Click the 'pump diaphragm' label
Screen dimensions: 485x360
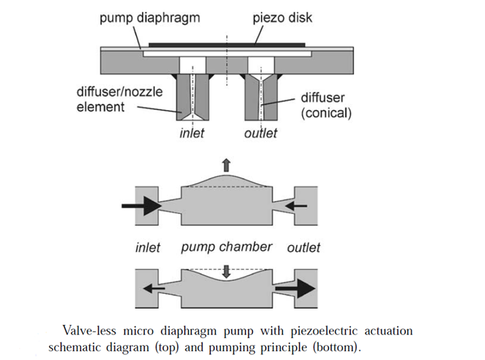[149, 18]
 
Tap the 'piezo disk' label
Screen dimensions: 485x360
[282, 18]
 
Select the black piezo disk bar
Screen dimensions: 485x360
[226, 45]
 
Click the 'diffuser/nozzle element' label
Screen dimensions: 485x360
[119, 100]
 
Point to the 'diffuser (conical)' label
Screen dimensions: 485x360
[326, 106]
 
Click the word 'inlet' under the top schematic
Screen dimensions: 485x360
[192, 133]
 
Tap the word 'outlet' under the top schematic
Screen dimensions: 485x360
[260, 133]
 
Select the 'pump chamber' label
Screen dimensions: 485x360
[226, 247]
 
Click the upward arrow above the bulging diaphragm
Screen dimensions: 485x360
[226, 165]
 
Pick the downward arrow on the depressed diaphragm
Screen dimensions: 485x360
[226, 271]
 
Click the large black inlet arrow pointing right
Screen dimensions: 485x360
[141, 206]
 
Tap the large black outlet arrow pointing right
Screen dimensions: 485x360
[295, 289]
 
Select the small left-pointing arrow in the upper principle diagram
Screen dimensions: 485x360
[296, 205]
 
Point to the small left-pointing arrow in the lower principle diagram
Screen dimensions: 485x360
[154, 289]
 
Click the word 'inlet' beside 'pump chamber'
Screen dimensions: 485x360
[147, 248]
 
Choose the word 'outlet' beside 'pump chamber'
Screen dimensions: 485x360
[303, 248]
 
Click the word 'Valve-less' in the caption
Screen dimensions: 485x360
[89, 331]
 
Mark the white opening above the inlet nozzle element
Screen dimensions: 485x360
[193, 65]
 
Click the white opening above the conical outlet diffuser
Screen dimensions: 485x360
[261, 65]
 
